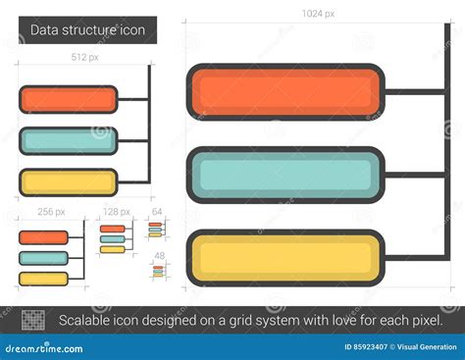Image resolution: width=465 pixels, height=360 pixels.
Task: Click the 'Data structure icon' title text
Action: (87, 30)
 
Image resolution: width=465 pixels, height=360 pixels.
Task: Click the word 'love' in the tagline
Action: (336, 320)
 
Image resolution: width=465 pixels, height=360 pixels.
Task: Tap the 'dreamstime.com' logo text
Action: (42, 346)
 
